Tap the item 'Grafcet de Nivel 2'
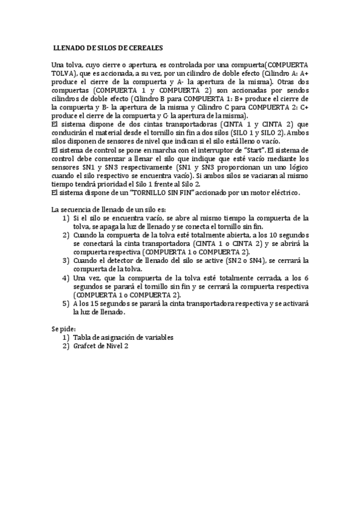point(101,346)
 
